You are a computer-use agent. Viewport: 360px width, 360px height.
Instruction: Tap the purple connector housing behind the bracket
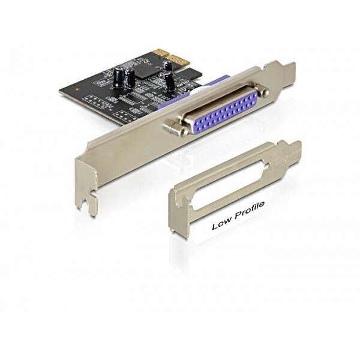193,88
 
